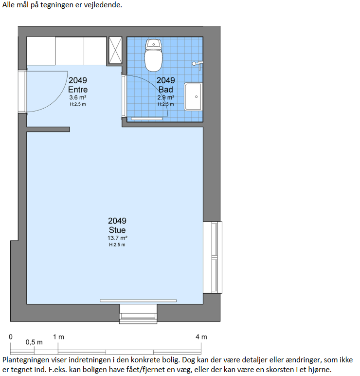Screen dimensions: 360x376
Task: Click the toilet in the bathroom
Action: coord(153,55)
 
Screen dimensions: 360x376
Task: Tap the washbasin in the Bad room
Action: coord(193,96)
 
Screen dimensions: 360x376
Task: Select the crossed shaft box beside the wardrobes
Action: coord(115,50)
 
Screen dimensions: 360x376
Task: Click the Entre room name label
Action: coord(78,90)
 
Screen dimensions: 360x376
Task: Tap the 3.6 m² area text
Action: coord(78,97)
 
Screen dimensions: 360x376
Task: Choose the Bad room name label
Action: coord(166,90)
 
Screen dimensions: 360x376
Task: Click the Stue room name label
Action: coord(117,230)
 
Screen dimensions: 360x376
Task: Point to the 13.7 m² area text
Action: coord(117,238)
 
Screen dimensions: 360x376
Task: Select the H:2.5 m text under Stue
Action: coord(117,245)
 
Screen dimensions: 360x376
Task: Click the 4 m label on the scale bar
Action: coord(201,337)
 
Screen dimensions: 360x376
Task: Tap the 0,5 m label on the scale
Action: coord(34,342)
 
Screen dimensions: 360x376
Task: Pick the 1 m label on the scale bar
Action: coord(58,337)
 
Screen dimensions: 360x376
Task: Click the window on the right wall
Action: coord(213,257)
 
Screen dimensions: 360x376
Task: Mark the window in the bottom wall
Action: coord(138,314)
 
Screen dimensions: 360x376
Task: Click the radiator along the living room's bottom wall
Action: coord(138,301)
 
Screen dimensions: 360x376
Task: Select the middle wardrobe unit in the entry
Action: coord(70,51)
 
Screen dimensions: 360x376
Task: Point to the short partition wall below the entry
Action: coord(48,130)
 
